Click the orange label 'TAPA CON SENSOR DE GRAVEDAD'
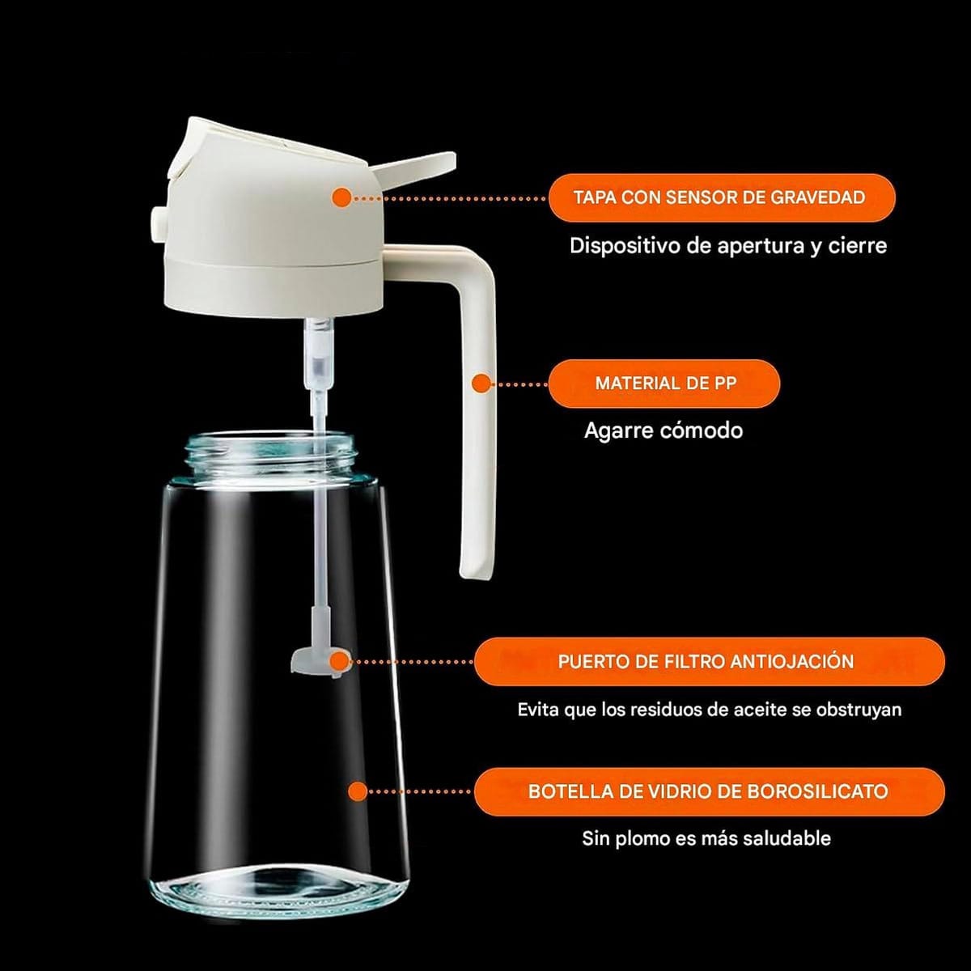[x=722, y=197]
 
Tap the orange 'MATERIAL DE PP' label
[x=664, y=384]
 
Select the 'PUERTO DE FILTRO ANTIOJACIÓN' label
[x=710, y=662]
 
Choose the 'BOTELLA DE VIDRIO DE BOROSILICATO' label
[x=710, y=791]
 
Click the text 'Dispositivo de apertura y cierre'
[x=728, y=246]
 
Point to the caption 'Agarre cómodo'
[x=664, y=430]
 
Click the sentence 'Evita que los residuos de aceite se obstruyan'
[x=710, y=710]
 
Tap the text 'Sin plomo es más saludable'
[x=706, y=838]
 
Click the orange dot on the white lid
[x=341, y=197]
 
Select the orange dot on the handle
[x=481, y=384]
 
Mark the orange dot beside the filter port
[x=341, y=661]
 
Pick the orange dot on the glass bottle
[x=358, y=791]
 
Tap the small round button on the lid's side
[x=158, y=222]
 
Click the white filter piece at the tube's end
[x=314, y=658]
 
